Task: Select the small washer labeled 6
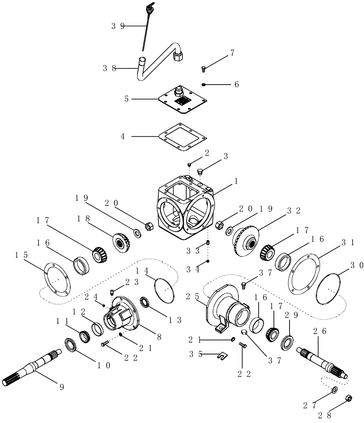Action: (204, 85)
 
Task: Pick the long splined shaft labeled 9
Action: (34, 368)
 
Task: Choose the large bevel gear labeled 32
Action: (245, 242)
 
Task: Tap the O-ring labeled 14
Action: (165, 288)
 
